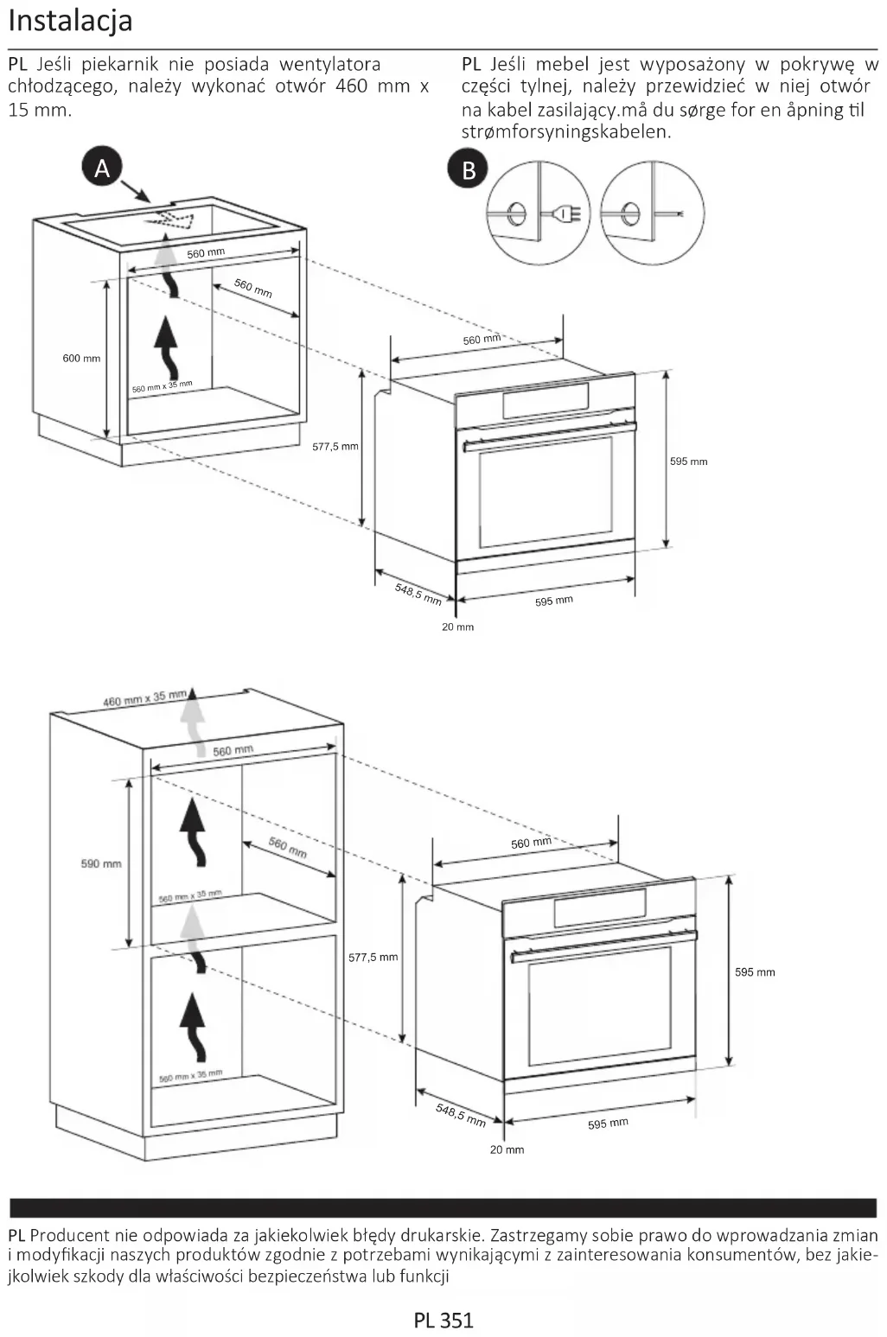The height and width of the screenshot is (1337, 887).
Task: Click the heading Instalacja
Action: coord(70,20)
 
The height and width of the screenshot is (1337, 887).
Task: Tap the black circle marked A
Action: coord(102,168)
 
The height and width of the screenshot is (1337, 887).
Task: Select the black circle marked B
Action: coord(468,169)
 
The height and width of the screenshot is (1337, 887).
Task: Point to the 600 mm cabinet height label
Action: coord(81,358)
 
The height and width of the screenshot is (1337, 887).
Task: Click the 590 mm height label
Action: coord(101,863)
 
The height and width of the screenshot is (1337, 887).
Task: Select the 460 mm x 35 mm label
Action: coord(144,698)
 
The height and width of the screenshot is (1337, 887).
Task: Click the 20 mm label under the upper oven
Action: coord(457,627)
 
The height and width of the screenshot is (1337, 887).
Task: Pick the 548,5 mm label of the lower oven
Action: coord(461,1115)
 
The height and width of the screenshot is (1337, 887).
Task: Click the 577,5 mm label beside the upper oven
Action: coord(335,447)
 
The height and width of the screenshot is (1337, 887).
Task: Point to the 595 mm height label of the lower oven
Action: coord(755,972)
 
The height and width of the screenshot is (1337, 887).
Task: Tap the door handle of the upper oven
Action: coord(549,436)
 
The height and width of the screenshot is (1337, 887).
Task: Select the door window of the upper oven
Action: coord(546,491)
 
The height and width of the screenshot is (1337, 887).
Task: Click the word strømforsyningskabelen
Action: coord(566,132)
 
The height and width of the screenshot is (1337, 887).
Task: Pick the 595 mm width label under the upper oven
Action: coord(553,601)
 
